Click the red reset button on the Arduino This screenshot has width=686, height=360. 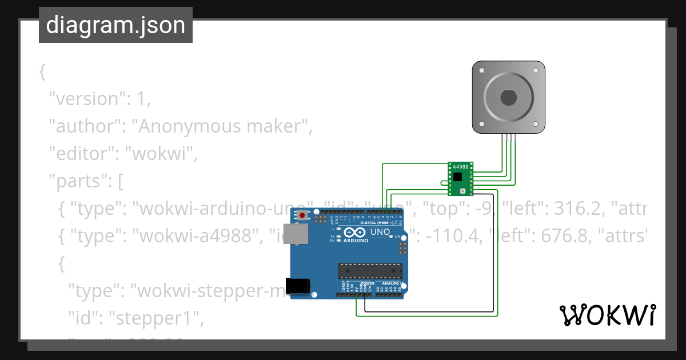301,215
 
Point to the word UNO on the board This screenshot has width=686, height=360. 380,233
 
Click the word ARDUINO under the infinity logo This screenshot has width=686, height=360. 356,241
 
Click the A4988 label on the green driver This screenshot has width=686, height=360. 460,167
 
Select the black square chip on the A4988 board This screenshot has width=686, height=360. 457,177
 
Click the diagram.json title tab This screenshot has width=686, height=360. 115,25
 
